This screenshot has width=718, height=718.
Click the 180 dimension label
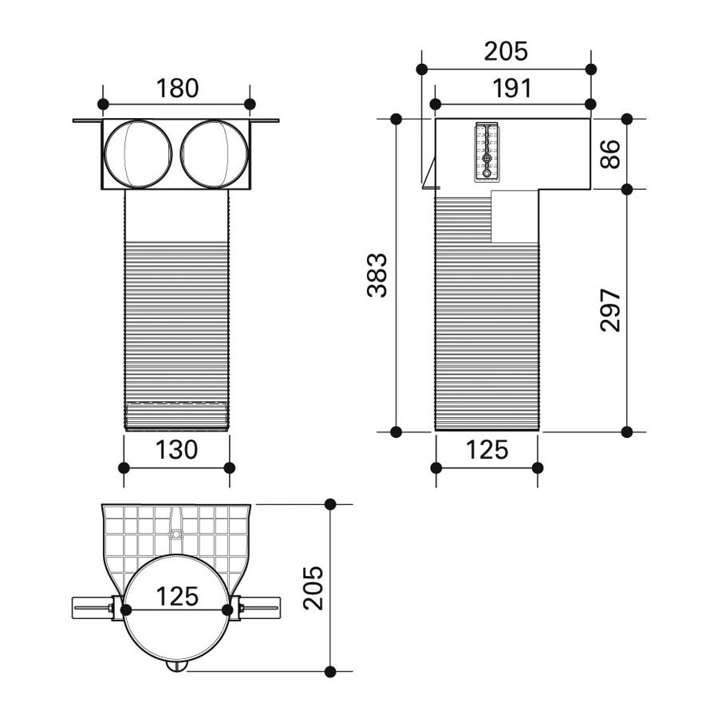point(177,88)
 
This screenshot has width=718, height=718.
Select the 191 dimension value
point(511,88)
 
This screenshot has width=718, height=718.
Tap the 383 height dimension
point(378,274)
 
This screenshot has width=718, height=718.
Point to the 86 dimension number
point(610,154)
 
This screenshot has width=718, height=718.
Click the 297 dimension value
point(610,310)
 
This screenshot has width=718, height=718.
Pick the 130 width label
point(176,450)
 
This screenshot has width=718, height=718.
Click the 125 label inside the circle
point(177,596)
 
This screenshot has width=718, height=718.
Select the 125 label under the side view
point(487,450)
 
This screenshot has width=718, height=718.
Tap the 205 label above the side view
point(506,51)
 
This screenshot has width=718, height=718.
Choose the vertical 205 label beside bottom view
point(314,588)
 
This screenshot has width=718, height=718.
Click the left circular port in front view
point(138,154)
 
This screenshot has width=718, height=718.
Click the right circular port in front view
point(215,154)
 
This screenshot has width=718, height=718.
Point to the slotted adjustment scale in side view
point(487,152)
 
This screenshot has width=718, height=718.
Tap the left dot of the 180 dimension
point(104,104)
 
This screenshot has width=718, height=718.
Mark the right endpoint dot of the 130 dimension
point(230,468)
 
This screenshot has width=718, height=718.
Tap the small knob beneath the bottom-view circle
point(176,666)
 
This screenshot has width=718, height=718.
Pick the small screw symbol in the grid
point(176,534)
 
